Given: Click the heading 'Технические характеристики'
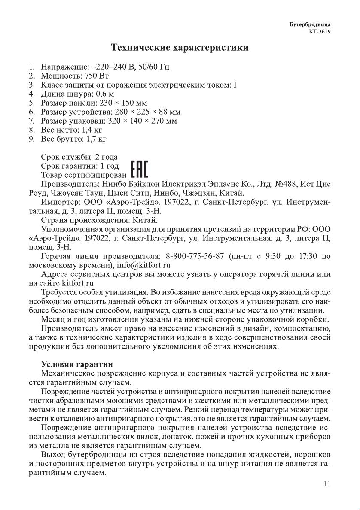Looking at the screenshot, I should click(180, 47).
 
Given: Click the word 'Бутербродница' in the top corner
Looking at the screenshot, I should click(312, 24).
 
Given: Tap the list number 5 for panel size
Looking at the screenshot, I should click(31, 103).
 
